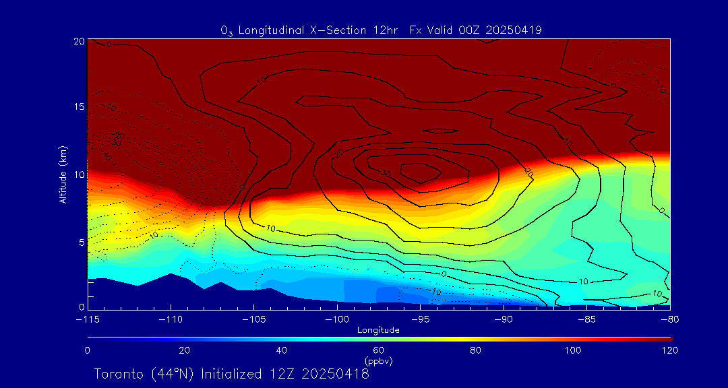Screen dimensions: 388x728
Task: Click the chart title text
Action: click(382, 30)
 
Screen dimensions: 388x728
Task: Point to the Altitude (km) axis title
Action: click(63, 174)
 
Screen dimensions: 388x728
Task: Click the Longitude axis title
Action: click(379, 330)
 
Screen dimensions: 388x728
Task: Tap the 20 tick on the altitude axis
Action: click(78, 41)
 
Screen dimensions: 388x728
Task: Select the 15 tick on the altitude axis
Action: click(78, 107)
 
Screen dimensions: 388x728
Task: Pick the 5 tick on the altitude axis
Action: click(81, 242)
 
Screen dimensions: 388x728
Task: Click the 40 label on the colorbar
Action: click(282, 350)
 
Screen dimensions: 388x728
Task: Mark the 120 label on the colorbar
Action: click(671, 350)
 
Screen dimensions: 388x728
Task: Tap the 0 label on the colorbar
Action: click(87, 350)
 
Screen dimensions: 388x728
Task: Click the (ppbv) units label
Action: click(379, 361)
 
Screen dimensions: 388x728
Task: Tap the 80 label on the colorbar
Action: click(477, 350)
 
